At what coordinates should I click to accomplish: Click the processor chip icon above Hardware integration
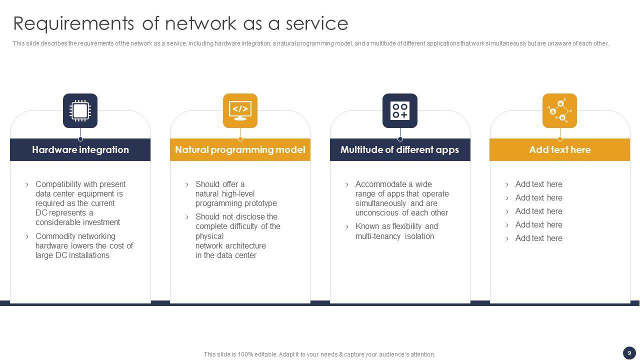[x=80, y=110]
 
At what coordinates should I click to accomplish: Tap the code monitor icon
[x=240, y=110]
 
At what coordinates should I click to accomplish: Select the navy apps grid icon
[x=400, y=110]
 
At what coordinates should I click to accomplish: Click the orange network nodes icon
[x=559, y=110]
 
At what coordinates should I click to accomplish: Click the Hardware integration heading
[x=80, y=149]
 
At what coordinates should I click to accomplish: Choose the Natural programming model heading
[x=240, y=149]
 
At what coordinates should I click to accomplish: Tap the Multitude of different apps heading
[x=399, y=149]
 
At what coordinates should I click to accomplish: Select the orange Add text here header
[x=559, y=149]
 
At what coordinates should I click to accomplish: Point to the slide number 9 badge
[x=629, y=353]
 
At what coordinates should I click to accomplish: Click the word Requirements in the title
[x=73, y=23]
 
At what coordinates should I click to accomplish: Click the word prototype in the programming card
[x=258, y=203]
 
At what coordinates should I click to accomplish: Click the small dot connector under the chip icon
[x=80, y=139]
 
